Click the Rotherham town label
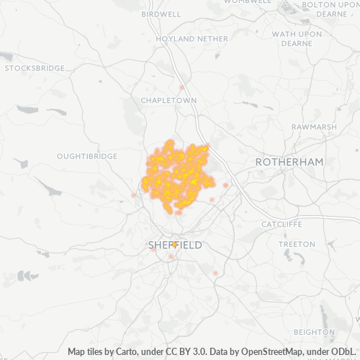[x=289, y=163]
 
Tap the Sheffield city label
[x=175, y=246]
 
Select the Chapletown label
[x=168, y=101]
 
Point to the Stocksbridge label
[x=35, y=68]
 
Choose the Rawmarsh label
[x=314, y=127]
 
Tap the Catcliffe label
[x=282, y=224]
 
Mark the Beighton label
[x=315, y=332]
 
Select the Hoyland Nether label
[x=181, y=38]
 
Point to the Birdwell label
[x=161, y=14]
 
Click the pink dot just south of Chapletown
[x=182, y=88]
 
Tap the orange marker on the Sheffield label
[x=175, y=245]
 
